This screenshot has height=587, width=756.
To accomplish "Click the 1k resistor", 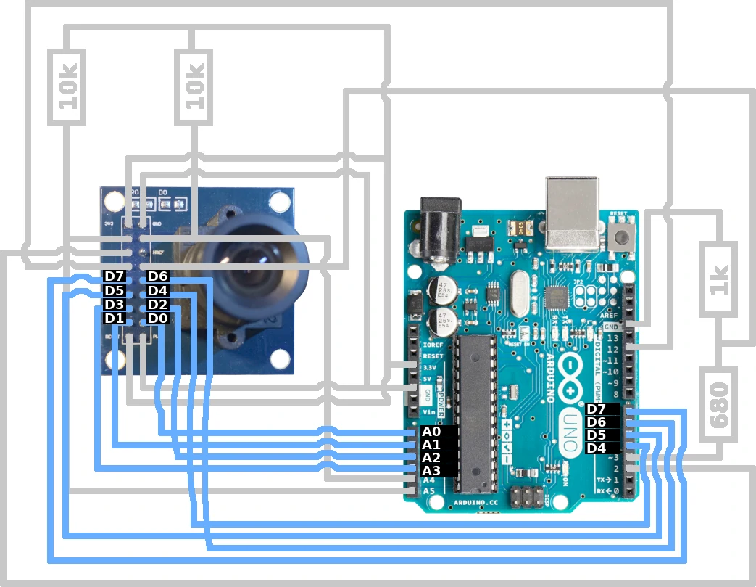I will pyautogui.click(x=719, y=279).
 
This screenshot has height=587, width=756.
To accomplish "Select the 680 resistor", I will pyautogui.click(x=719, y=403).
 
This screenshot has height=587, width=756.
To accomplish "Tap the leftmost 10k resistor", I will pyautogui.click(x=68, y=86).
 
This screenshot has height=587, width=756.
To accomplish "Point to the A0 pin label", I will pyautogui.click(x=431, y=432).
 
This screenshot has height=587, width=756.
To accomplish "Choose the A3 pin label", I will pyautogui.click(x=431, y=471).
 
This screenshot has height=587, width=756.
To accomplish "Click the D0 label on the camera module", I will pyautogui.click(x=157, y=319).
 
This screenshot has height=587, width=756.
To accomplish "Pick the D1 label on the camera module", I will pyautogui.click(x=115, y=319).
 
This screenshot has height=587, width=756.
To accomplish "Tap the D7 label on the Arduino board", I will pyautogui.click(x=597, y=410).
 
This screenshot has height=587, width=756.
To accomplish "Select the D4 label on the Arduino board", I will pyautogui.click(x=597, y=448).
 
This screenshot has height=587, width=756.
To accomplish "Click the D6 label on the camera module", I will pyautogui.click(x=157, y=276).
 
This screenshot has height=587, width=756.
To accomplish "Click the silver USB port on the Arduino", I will pyautogui.click(x=573, y=214).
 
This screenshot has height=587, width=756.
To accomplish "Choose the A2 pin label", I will pyautogui.click(x=431, y=458).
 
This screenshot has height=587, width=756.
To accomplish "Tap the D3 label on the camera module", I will pyautogui.click(x=115, y=305).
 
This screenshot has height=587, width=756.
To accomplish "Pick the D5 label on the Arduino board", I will pyautogui.click(x=597, y=435).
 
